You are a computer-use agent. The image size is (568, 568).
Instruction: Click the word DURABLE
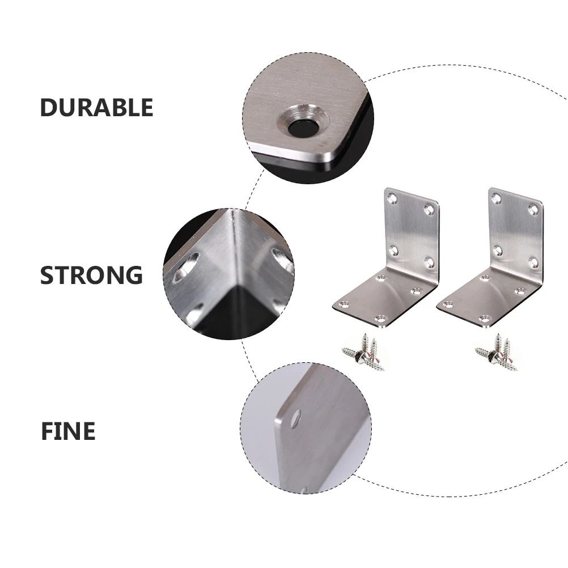point(96,108)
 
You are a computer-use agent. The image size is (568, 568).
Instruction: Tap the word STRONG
point(91,275)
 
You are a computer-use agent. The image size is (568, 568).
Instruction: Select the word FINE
point(67,431)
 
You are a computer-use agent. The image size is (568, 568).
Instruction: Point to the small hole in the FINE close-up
point(296,420)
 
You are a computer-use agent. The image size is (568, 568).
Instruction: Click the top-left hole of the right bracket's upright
point(496,198)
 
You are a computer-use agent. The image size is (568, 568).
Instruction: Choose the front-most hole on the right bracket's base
point(485,319)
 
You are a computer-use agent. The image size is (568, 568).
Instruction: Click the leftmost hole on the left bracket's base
point(344,304)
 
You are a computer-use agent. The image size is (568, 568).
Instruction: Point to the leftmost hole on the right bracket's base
point(448,304)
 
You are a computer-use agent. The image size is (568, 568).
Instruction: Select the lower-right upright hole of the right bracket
point(533,262)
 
